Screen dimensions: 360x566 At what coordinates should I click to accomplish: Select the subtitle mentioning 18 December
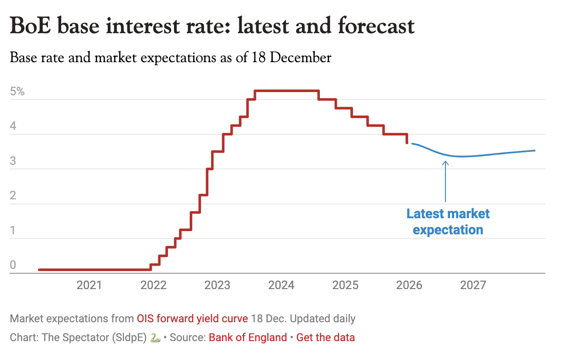point(170,58)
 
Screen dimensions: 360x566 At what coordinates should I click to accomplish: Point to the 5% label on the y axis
point(17,91)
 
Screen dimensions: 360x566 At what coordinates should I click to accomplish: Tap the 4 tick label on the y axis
point(13,126)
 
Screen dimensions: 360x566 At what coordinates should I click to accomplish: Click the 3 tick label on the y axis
point(13,161)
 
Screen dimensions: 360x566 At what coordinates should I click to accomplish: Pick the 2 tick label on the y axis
point(13,196)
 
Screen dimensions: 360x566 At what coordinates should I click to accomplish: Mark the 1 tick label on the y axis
point(13,230)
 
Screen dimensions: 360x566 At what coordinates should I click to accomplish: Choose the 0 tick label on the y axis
point(13,265)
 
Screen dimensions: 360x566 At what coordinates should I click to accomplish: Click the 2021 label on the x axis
point(89,285)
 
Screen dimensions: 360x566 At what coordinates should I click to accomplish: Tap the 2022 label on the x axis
point(153,285)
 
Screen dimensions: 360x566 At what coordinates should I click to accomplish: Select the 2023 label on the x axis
point(217,285)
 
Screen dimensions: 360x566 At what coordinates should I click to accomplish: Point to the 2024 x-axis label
point(281,285)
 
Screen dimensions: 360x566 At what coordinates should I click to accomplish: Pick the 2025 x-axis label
point(345,285)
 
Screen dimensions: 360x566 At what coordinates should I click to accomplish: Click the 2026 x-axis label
point(409,285)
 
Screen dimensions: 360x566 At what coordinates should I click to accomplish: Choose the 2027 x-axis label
point(473,285)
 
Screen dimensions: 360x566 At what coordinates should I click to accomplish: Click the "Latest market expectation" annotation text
point(448,221)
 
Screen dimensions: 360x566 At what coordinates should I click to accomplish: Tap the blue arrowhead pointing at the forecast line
point(445,162)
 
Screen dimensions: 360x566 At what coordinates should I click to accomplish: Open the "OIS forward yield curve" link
point(192,319)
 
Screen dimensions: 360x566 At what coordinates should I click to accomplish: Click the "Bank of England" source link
point(248,337)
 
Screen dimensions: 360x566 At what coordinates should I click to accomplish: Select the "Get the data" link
point(325,337)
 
